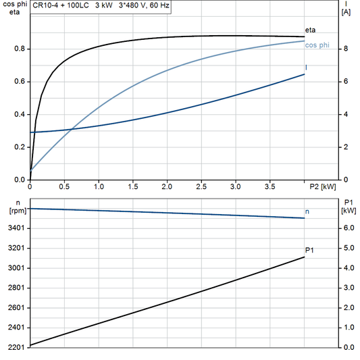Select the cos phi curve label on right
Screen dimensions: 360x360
(x=316, y=45)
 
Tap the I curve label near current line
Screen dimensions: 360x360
(x=307, y=68)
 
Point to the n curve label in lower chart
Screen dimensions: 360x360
(x=307, y=212)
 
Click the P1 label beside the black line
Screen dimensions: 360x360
(x=309, y=251)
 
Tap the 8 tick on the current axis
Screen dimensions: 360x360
(x=344, y=49)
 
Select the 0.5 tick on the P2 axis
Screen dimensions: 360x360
(x=64, y=186)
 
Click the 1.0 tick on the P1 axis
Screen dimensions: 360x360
(x=347, y=328)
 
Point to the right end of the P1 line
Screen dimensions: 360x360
(x=304, y=257)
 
